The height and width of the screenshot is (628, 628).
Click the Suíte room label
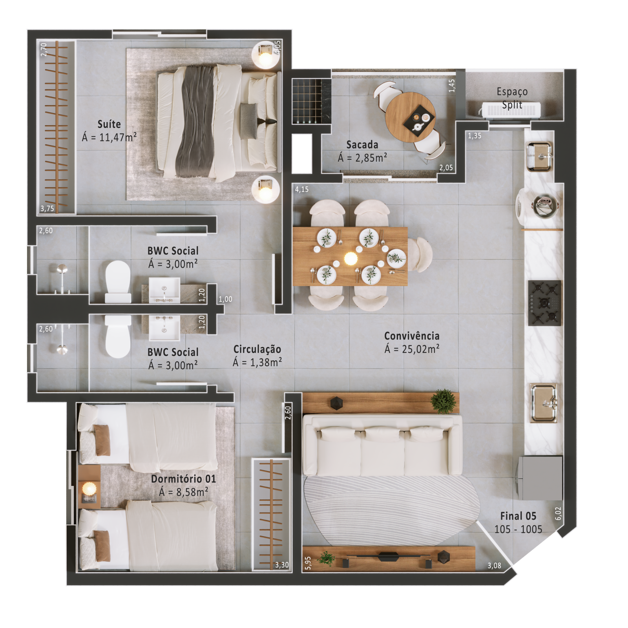(109, 124)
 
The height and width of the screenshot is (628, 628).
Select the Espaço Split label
(512, 98)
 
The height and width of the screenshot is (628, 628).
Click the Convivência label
(412, 336)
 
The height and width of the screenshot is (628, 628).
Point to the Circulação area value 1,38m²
(266, 362)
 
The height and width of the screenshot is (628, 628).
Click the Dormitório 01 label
(183, 479)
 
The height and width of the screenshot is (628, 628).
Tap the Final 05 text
(518, 516)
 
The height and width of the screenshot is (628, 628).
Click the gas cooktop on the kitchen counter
(544, 303)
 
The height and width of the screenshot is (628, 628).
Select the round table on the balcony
(410, 117)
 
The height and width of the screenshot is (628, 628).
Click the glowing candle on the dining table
(351, 258)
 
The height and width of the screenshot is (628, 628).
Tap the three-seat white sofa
(382, 445)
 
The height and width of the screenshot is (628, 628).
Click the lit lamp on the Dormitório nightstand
(89, 489)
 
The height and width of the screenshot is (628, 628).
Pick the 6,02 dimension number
(558, 514)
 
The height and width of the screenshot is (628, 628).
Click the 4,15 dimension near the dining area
(302, 190)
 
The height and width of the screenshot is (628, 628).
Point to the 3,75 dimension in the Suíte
(47, 208)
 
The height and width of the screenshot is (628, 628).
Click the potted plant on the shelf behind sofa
(444, 401)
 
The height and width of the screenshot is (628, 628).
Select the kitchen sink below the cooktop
(544, 403)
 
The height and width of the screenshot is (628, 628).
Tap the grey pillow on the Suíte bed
(249, 120)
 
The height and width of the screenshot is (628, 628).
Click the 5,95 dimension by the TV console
(308, 563)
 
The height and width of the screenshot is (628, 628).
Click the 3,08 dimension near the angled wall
(494, 566)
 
